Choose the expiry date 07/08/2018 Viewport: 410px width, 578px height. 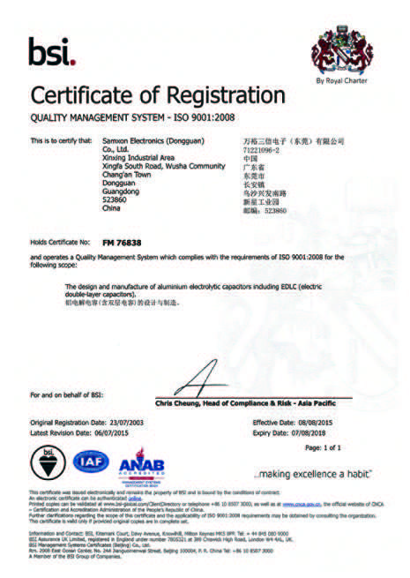[313, 432]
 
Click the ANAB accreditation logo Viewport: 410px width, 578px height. [137, 463]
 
